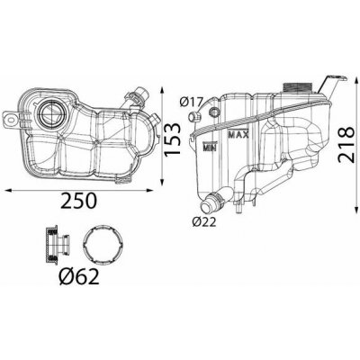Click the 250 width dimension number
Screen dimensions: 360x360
tap(79, 201)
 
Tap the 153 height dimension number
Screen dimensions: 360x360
tap(173, 139)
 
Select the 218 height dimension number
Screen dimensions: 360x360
tap(346, 145)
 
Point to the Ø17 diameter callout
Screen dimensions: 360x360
tap(192, 102)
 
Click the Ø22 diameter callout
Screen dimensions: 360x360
tap(205, 222)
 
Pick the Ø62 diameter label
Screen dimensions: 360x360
tap(79, 276)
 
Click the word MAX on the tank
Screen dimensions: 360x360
tap(238, 134)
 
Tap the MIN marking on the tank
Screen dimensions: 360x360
tap(211, 147)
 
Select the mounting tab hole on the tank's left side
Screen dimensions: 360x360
tap(11, 120)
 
